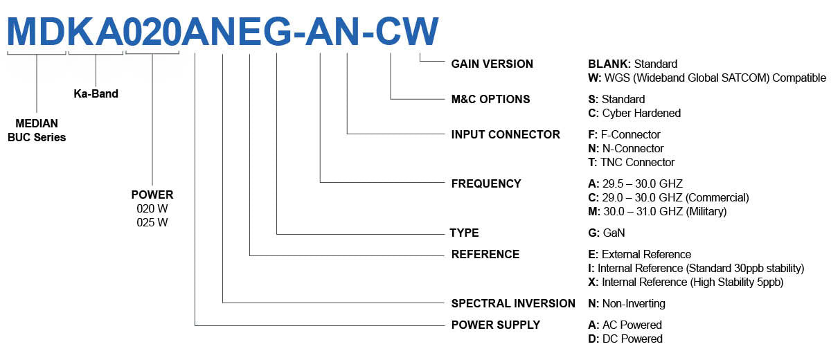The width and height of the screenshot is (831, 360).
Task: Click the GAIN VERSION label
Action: click(x=492, y=64)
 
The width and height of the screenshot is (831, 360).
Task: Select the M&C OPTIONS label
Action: click(x=490, y=99)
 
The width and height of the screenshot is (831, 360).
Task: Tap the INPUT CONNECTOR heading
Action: click(x=506, y=134)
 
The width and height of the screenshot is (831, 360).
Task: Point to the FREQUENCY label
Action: click(x=486, y=183)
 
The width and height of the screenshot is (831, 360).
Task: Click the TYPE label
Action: click(x=465, y=233)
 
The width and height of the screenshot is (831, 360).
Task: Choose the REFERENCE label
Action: click(x=485, y=254)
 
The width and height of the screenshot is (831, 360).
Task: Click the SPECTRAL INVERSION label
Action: click(x=513, y=303)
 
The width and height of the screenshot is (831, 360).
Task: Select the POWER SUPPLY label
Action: click(x=495, y=325)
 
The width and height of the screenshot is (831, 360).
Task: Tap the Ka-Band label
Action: click(x=96, y=93)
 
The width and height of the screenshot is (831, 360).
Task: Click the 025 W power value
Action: click(x=152, y=222)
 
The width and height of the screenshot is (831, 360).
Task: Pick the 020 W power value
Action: click(x=152, y=208)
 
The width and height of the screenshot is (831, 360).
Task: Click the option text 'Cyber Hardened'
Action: click(x=641, y=113)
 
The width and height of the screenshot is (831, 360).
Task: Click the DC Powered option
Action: click(x=630, y=339)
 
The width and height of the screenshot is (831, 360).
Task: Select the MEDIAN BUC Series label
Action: click(x=37, y=130)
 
